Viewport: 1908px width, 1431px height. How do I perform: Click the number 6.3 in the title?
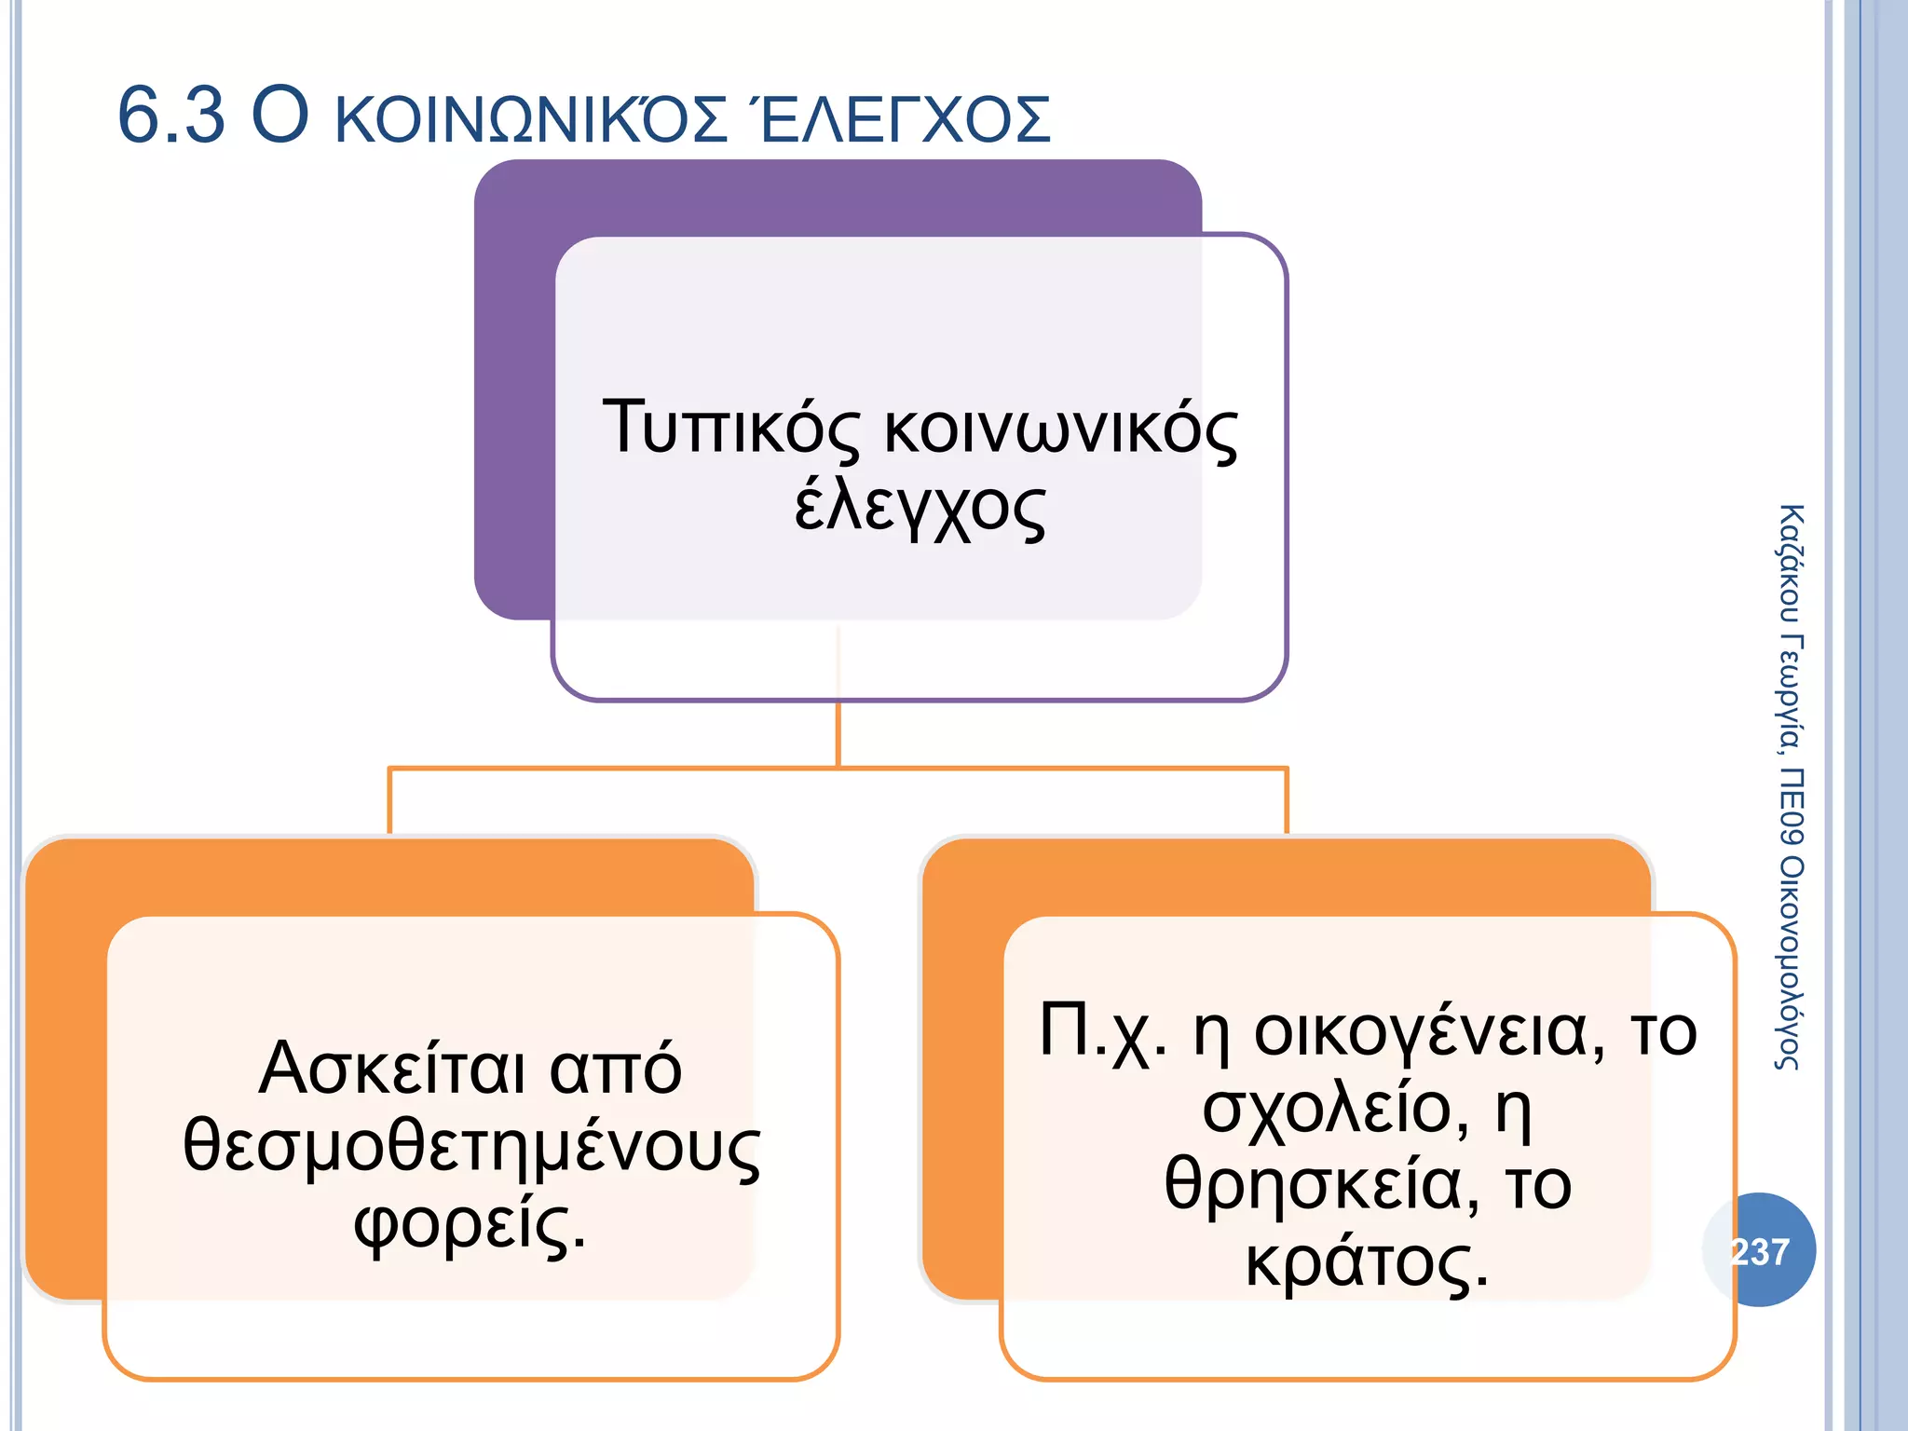pos(171,116)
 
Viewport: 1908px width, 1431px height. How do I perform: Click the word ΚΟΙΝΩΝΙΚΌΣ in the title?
pos(530,119)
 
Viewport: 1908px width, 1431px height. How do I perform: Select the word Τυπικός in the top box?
pos(731,429)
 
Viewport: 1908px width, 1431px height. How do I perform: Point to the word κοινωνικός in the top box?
pos(1060,430)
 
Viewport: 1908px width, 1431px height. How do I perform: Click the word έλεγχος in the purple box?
pos(920,508)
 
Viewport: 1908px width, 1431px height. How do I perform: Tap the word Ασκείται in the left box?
pos(392,1069)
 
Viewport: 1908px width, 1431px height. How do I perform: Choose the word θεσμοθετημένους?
pos(471,1147)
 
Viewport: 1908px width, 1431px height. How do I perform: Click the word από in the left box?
pos(616,1069)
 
